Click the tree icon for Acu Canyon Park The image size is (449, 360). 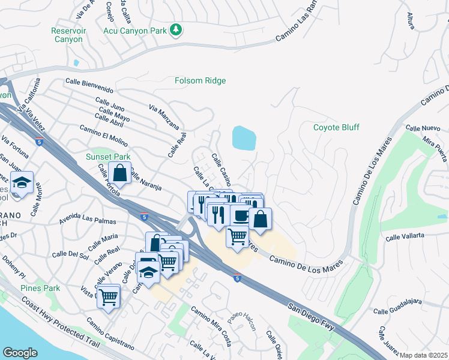[x=176, y=30]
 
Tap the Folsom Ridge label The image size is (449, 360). [x=200, y=80]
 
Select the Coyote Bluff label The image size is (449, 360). [x=336, y=127]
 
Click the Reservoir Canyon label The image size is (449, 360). [x=69, y=35]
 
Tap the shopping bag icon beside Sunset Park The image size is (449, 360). [x=120, y=173]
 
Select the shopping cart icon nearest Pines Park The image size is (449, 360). [x=108, y=296]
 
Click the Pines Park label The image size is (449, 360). [x=40, y=288]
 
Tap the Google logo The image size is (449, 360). [x=20, y=353]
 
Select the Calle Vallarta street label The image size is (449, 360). [x=405, y=237]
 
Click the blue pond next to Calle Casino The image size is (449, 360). [x=244, y=138]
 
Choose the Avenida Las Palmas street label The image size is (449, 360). [x=87, y=217]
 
